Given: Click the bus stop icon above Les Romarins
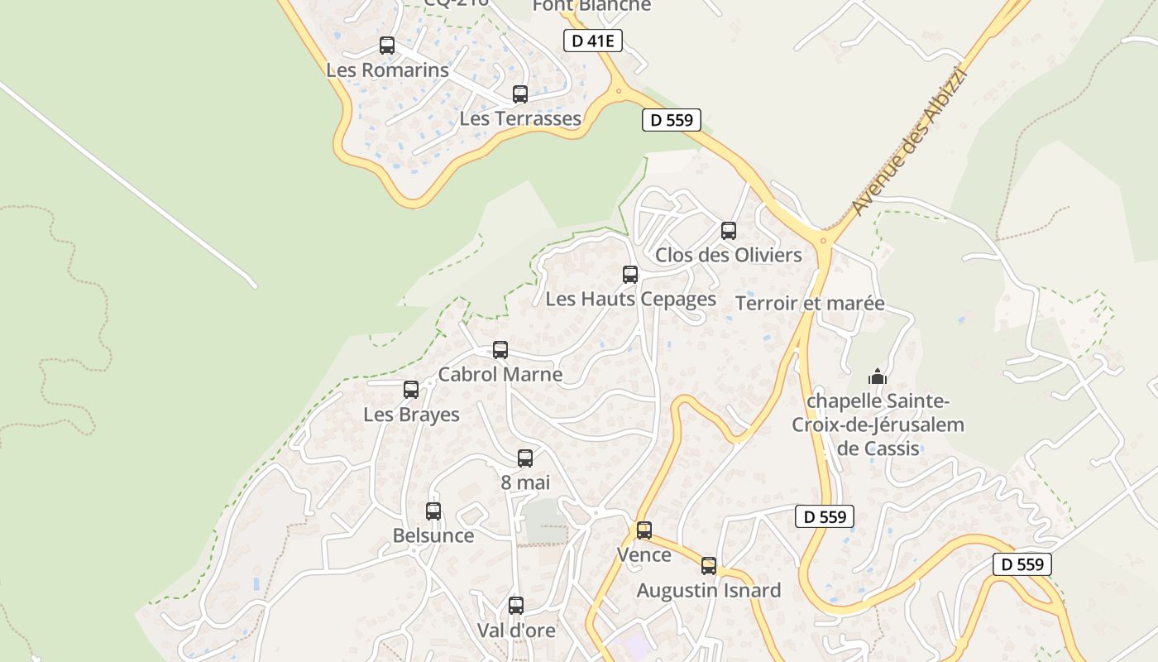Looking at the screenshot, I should click(x=387, y=46).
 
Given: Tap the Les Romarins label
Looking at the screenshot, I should click(x=387, y=70).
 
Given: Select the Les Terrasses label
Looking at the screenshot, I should click(x=520, y=118).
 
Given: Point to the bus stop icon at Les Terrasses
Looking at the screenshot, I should click(x=520, y=94).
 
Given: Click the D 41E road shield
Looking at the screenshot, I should click(x=593, y=41).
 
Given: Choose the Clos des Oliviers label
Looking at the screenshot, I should click(x=729, y=255).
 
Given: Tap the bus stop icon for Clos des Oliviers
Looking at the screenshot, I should click(x=729, y=231).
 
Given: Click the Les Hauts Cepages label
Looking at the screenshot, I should click(x=630, y=299).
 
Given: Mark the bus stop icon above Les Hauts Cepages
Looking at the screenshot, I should click(x=630, y=275).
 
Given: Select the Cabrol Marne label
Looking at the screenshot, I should click(x=500, y=374).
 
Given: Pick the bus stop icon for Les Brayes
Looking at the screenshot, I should click(x=411, y=390).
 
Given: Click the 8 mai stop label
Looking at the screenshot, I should click(x=525, y=482).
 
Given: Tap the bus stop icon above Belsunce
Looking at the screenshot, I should click(x=433, y=511).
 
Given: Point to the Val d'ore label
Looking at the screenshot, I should click(x=516, y=630).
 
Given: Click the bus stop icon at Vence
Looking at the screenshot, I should click(x=644, y=530).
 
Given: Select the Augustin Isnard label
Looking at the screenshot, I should click(x=708, y=591).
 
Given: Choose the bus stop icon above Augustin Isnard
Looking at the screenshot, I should click(x=709, y=566).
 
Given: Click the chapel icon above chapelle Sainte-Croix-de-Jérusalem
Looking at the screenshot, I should click(x=878, y=377).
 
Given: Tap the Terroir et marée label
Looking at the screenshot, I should click(x=810, y=304).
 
